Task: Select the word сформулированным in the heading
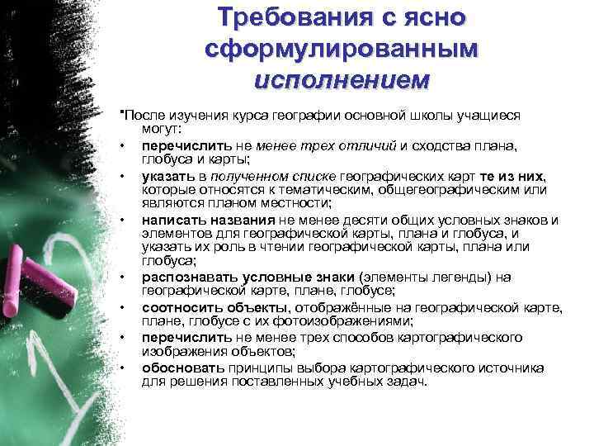pos(340,49)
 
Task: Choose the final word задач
pos(409,381)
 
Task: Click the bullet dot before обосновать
pos(123,368)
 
